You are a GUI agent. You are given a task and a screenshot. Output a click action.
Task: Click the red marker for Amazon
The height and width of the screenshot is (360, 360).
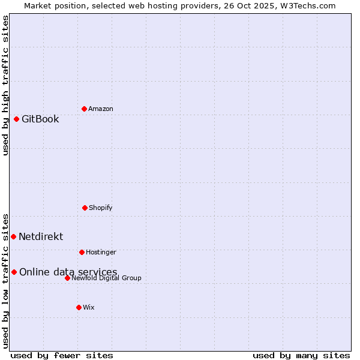click(x=84, y=109)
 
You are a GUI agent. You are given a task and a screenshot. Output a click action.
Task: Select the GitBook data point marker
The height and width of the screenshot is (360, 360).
click(x=17, y=119)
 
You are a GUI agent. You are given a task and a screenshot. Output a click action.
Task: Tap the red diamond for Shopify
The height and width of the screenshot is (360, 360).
click(x=85, y=208)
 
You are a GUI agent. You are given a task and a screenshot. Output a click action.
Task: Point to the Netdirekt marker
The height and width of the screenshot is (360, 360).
click(x=13, y=236)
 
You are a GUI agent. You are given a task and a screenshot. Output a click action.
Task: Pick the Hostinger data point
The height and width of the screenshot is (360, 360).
click(x=82, y=252)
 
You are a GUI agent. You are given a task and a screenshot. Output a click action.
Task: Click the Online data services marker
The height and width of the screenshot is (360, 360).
click(x=14, y=272)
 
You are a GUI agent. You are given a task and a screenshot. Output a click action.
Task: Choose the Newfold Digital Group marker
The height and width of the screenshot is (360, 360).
click(x=67, y=278)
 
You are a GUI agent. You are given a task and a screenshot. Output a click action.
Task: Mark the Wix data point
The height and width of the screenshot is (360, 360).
click(x=79, y=307)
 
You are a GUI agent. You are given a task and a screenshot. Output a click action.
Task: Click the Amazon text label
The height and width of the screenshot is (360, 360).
click(x=101, y=109)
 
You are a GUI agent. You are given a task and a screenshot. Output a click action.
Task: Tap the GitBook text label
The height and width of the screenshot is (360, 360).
click(x=40, y=119)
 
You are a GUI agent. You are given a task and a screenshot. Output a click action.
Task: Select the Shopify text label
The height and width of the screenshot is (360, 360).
click(x=101, y=208)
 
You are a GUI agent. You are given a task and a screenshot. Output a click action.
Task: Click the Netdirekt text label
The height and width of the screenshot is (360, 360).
click(x=41, y=236)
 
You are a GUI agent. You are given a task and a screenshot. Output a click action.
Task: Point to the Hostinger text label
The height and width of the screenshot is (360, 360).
click(x=101, y=252)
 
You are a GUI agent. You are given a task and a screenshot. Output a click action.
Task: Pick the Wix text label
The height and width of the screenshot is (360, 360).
click(x=89, y=307)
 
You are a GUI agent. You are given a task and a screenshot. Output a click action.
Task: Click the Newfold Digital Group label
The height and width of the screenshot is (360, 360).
click(x=106, y=278)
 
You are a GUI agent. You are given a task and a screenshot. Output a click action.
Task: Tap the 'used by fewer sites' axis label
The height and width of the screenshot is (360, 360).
click(x=62, y=355)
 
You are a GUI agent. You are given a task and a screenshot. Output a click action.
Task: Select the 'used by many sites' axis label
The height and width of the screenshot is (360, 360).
click(x=301, y=355)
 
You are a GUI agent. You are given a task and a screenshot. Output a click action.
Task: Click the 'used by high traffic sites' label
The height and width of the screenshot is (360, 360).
click(x=5, y=85)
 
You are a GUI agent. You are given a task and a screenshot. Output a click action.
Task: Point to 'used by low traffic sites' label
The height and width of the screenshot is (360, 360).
click(x=5, y=280)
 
